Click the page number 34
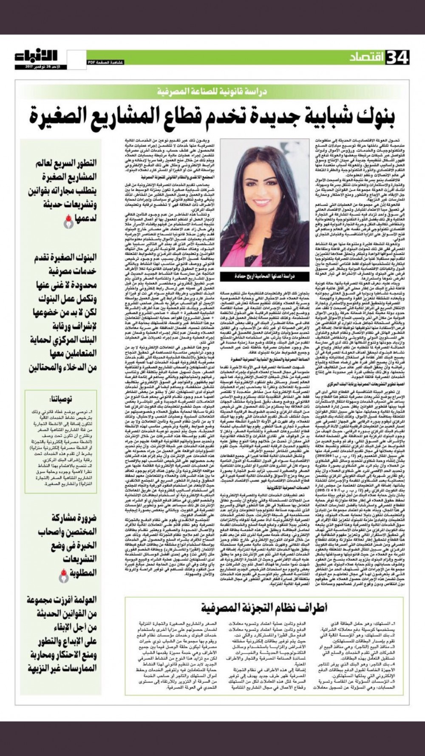(397, 57)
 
